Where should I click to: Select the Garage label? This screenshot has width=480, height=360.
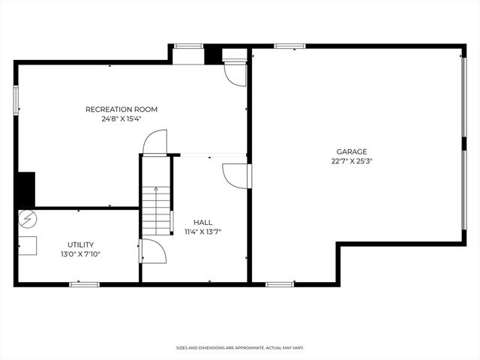(352, 151)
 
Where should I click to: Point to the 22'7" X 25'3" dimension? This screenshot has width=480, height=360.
(352, 160)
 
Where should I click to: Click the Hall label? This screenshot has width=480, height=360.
(202, 222)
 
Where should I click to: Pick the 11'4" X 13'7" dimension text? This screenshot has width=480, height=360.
(202, 232)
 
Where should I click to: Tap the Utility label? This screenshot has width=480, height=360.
(80, 244)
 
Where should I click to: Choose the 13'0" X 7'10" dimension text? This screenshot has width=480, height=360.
(80, 254)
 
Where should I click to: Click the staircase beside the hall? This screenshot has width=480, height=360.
(157, 210)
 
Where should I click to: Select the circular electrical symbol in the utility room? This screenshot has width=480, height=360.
(27, 219)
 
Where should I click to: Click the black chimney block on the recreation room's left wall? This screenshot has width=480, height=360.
(26, 190)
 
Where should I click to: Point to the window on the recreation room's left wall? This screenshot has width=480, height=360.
(16, 100)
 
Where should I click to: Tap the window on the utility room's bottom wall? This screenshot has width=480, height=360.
(85, 284)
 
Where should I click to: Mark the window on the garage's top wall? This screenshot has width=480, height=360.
(289, 46)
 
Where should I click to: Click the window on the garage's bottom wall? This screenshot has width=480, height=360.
(279, 284)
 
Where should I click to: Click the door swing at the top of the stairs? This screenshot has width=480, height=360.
(155, 142)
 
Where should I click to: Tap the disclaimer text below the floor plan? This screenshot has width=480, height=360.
(240, 348)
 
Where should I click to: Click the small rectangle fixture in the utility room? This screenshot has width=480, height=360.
(28, 245)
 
